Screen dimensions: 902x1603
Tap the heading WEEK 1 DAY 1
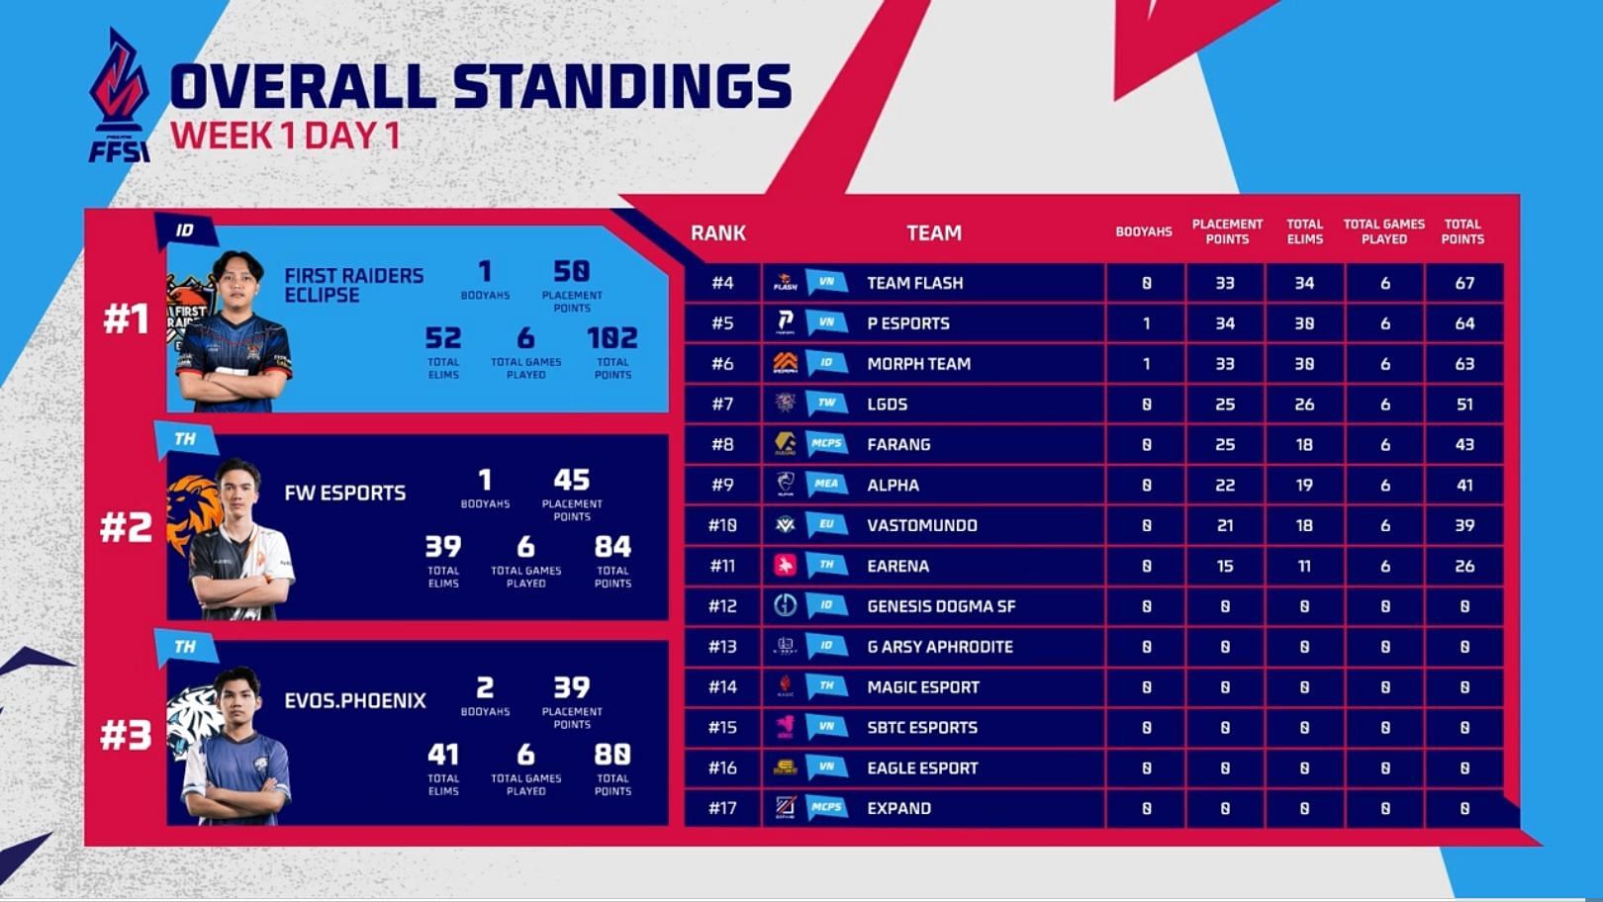coord(285,135)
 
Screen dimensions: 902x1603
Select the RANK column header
coord(717,233)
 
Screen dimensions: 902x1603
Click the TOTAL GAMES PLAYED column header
coord(1383,231)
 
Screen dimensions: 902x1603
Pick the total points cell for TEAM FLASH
coord(1464,284)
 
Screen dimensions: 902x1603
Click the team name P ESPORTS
coord(907,323)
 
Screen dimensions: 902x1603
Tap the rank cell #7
coord(722,405)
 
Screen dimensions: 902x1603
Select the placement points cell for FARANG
coord(1225,445)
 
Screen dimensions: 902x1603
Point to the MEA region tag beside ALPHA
coord(826,485)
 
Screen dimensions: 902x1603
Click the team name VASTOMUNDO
coord(921,525)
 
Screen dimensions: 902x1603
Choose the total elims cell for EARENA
coord(1304,567)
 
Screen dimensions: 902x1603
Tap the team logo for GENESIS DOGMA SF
coord(785,606)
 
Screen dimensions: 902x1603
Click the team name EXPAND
coord(898,808)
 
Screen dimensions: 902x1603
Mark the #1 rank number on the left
coord(126,319)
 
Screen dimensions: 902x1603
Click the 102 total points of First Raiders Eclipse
coord(612,338)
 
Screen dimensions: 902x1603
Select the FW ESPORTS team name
coord(344,493)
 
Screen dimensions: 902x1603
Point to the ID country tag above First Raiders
coord(185,231)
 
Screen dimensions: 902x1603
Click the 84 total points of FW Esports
coord(613,547)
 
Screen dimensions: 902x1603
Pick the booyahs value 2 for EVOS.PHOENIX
coord(485,687)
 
